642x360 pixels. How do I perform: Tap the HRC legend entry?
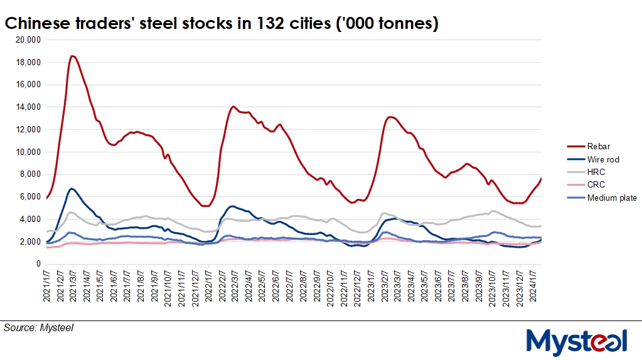click(x=596, y=172)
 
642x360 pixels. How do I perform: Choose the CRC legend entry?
click(x=596, y=184)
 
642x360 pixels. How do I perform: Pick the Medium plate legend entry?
click(x=612, y=198)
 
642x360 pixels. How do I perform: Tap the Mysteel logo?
click(x=576, y=342)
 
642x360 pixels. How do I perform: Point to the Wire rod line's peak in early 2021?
click(x=72, y=188)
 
